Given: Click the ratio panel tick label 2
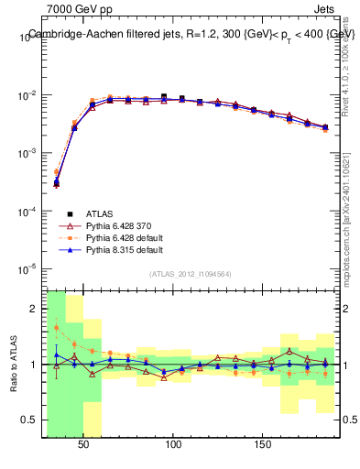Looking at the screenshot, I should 35,309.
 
